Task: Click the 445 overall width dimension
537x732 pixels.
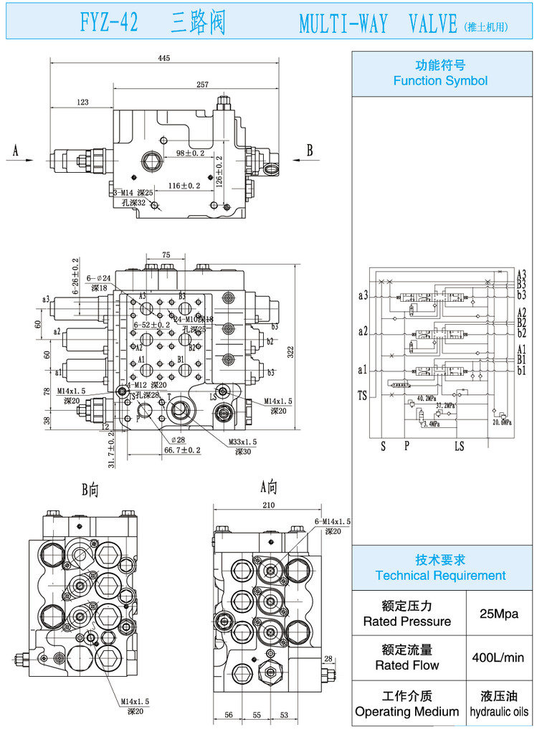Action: pos(164,60)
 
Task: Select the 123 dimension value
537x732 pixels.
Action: pos(82,103)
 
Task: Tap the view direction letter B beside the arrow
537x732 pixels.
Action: pos(310,150)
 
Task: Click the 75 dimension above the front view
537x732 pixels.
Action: pos(166,255)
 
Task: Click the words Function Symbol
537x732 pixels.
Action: pos(440,81)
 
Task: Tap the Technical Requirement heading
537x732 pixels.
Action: pos(440,575)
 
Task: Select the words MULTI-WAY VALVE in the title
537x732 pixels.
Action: pos(378,25)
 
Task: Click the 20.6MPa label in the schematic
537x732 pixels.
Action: pos(501,423)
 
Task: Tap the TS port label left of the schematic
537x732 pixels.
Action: pos(362,394)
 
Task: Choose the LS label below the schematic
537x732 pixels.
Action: pos(459,446)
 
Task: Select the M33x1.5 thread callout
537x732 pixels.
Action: pos(244,442)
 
